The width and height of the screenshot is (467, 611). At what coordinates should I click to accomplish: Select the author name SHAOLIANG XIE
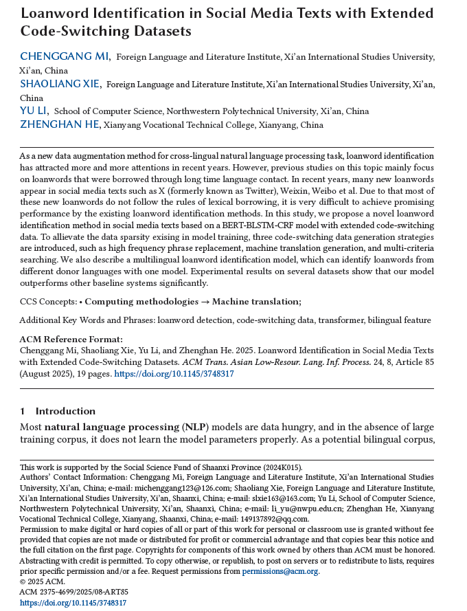pyautogui.click(x=60, y=84)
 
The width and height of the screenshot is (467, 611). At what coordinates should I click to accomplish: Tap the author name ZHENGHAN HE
pyautogui.click(x=60, y=124)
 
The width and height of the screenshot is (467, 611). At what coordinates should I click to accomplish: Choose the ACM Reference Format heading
pyautogui.click(x=71, y=339)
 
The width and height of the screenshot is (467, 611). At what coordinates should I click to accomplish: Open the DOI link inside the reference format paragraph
pyautogui.click(x=174, y=374)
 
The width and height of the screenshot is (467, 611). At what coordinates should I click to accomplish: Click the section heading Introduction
pyautogui.click(x=65, y=411)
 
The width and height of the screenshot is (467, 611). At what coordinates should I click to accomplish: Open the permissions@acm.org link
pyautogui.click(x=290, y=571)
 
